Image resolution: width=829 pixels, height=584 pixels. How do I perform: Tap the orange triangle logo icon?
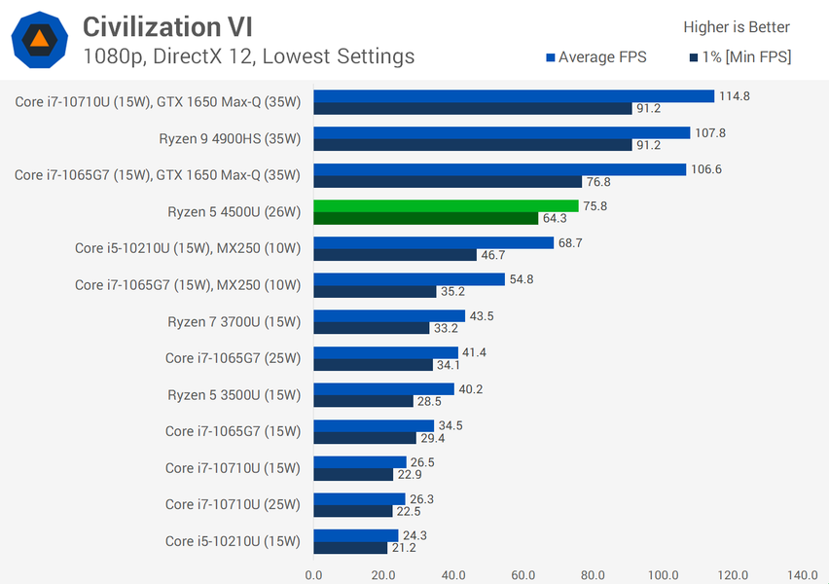39,39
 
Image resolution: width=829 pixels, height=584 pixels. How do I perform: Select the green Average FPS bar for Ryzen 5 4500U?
446,205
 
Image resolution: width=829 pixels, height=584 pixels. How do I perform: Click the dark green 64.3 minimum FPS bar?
426,218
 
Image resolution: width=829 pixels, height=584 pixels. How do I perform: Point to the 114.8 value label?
734,95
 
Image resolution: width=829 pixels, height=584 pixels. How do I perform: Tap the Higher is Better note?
737,27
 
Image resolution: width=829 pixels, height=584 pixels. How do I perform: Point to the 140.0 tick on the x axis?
803,575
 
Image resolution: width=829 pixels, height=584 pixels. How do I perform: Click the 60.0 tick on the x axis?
523,575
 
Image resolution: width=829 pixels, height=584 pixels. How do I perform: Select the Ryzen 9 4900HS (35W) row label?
230,138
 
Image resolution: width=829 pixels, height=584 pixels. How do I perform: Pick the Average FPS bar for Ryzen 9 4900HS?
501,132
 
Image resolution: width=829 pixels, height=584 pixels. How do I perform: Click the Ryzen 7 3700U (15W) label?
234,321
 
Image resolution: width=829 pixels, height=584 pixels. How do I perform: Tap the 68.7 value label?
570,242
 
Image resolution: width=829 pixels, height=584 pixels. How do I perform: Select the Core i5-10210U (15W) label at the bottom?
233,541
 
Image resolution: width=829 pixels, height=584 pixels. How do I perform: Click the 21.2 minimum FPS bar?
350,547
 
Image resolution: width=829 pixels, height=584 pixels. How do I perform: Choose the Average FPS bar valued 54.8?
409,279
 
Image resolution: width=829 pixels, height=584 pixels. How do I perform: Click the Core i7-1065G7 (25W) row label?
233,358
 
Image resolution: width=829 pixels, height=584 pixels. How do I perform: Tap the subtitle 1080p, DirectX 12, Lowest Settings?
249,56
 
